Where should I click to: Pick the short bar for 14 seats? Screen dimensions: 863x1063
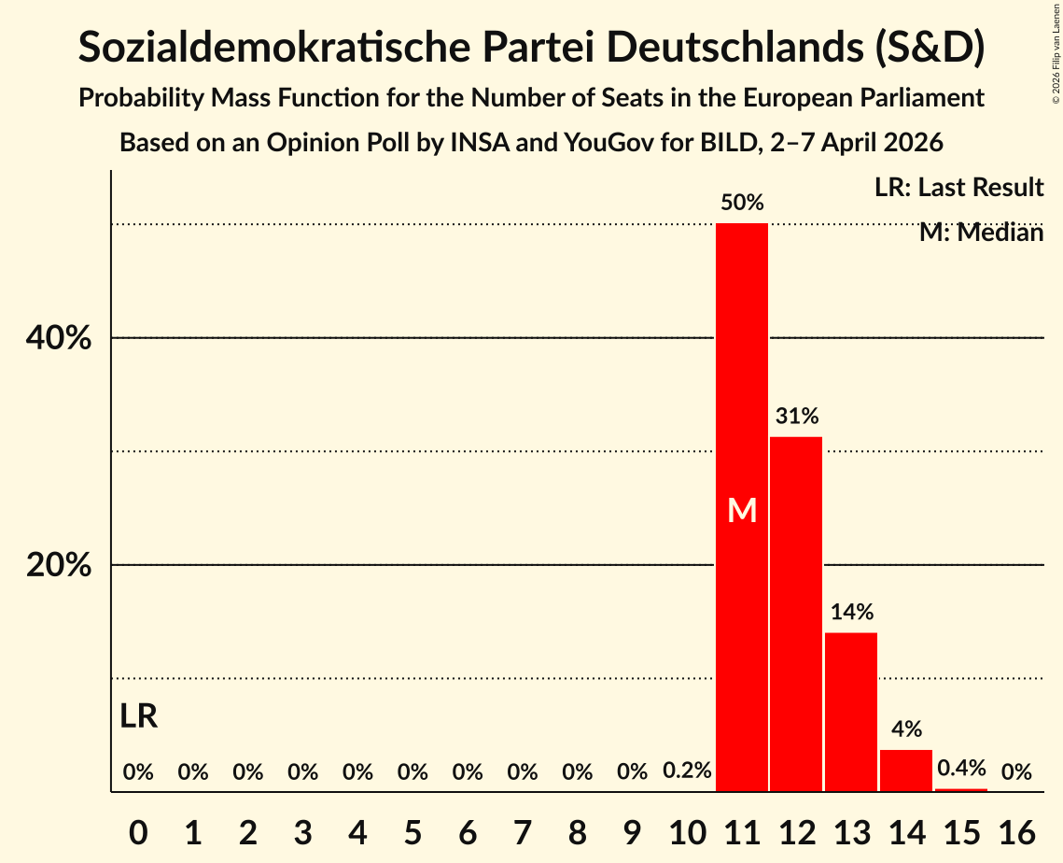click(x=906, y=771)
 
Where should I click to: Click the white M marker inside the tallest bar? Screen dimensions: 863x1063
click(x=742, y=510)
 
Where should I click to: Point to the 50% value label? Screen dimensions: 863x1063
click(x=742, y=202)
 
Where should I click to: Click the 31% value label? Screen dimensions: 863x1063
click(x=796, y=416)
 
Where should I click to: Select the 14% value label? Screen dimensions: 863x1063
click(x=851, y=612)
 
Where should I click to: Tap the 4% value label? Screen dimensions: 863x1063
click(x=906, y=729)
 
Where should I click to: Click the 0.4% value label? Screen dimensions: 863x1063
click(x=961, y=769)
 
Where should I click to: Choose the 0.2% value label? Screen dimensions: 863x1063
click(x=687, y=771)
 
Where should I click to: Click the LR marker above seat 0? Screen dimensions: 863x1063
click(x=138, y=717)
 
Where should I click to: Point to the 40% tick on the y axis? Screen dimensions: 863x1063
click(x=59, y=338)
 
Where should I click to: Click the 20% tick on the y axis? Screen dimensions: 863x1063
click(x=59, y=566)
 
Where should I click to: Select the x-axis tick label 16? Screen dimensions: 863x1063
click(x=1016, y=828)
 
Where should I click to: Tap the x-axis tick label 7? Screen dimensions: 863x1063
click(x=523, y=828)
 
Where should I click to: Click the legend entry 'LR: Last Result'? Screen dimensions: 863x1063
click(x=958, y=188)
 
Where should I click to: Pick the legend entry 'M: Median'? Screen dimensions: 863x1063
click(x=981, y=233)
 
